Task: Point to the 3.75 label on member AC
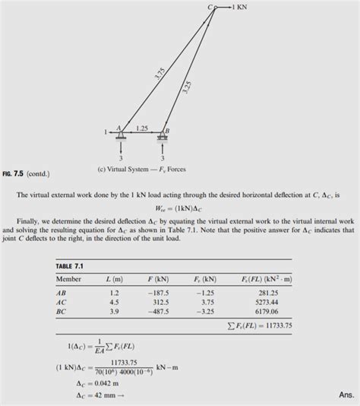pos(159,75)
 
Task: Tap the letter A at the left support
pos(118,128)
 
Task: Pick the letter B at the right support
pos(166,131)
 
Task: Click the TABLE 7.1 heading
pos(71,266)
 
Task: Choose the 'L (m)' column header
pos(115,280)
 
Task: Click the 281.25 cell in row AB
pos(270,292)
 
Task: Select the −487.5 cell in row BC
pos(159,312)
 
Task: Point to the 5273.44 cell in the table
pos(268,302)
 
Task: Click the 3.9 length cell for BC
pos(115,312)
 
